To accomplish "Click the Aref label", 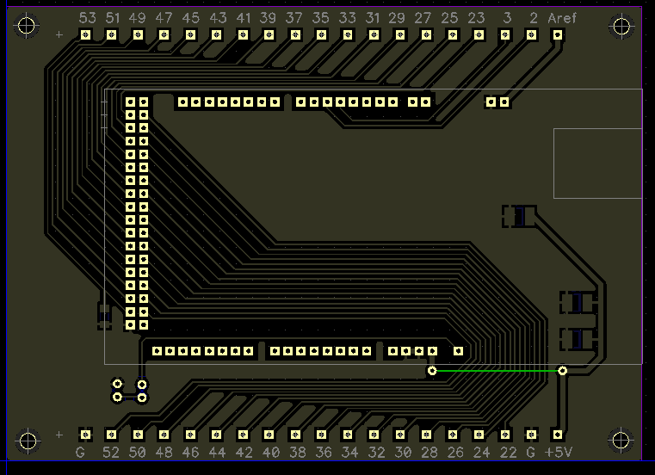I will pos(562,18).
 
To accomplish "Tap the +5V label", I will pos(559,452).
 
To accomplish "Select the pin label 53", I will pos(87,18).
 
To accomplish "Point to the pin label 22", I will pos(506,452).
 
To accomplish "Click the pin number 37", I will pos(294,18).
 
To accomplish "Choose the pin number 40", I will pos(270,452).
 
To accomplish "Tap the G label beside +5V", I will pos(531,452).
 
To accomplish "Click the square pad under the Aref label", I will pos(558,35).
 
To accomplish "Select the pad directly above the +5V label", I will pos(558,435).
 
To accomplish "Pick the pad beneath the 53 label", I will pos(85,35).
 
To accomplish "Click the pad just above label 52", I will pos(111,435).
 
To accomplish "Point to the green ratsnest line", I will pos(497,371).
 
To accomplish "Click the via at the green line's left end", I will pos(432,371).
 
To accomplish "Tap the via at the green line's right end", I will pos(562,371).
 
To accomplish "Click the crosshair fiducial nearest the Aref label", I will pos(621,26).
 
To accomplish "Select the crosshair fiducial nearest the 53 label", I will pos(28,26).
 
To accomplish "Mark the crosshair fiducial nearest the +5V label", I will pos(621,441).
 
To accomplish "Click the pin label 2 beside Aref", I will pos(534,18).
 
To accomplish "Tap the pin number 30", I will pos(402,452).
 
